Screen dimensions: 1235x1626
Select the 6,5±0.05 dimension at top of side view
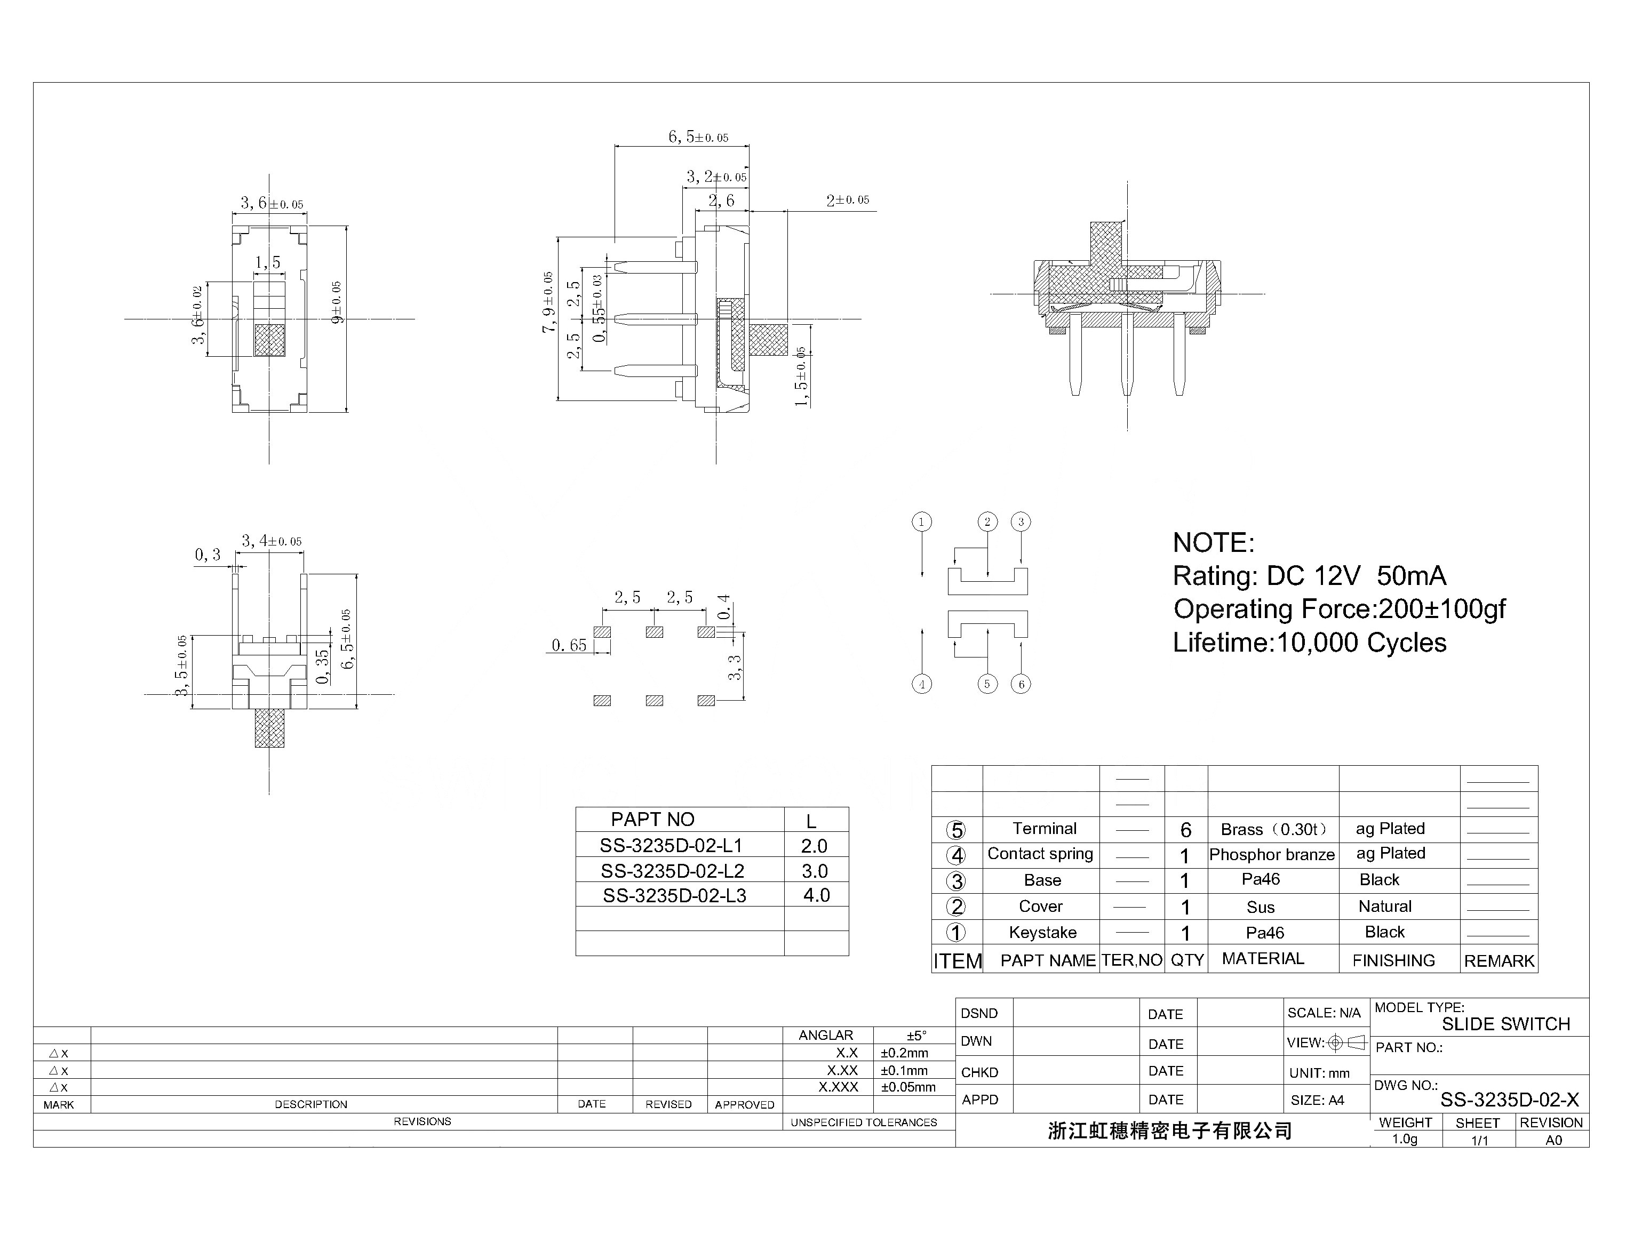[697, 137]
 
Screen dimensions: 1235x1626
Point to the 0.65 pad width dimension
[569, 645]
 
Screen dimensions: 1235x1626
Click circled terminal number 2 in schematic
[987, 522]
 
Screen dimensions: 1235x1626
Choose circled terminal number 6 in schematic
[1021, 684]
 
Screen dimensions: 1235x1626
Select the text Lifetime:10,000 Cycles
[1309, 643]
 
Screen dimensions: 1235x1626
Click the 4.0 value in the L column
[816, 895]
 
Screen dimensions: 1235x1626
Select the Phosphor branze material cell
[1272, 854]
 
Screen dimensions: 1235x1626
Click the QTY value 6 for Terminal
[1185, 830]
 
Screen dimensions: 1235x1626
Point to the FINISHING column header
[1393, 960]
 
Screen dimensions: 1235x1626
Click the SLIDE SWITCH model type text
[1505, 1024]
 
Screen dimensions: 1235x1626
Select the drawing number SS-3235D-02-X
[1509, 1100]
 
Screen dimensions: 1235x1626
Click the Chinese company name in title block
[1169, 1130]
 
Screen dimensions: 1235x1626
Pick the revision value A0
[1553, 1140]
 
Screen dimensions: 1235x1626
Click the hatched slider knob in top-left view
[269, 340]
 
